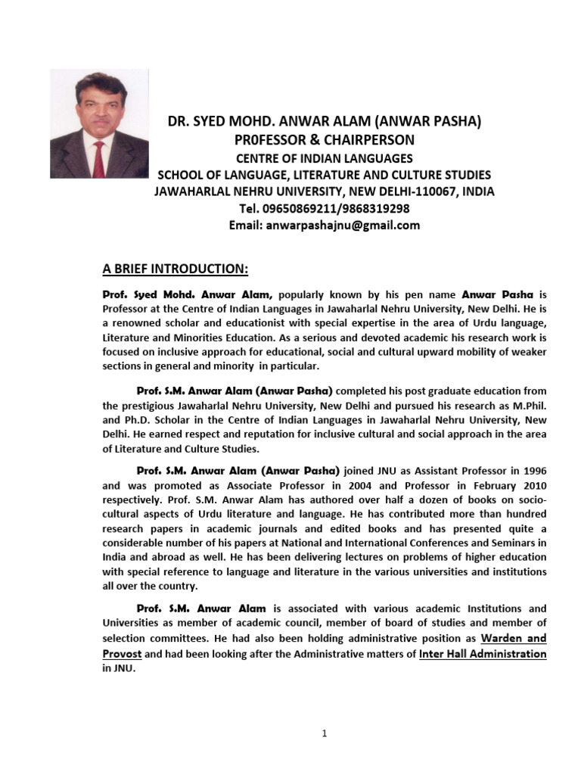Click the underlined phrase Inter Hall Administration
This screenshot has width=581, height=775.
pyautogui.click(x=483, y=654)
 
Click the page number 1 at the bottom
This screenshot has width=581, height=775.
pyautogui.click(x=324, y=733)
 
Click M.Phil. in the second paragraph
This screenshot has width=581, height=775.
pyautogui.click(x=527, y=405)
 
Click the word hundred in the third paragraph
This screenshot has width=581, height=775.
pyautogui.click(x=526, y=515)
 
